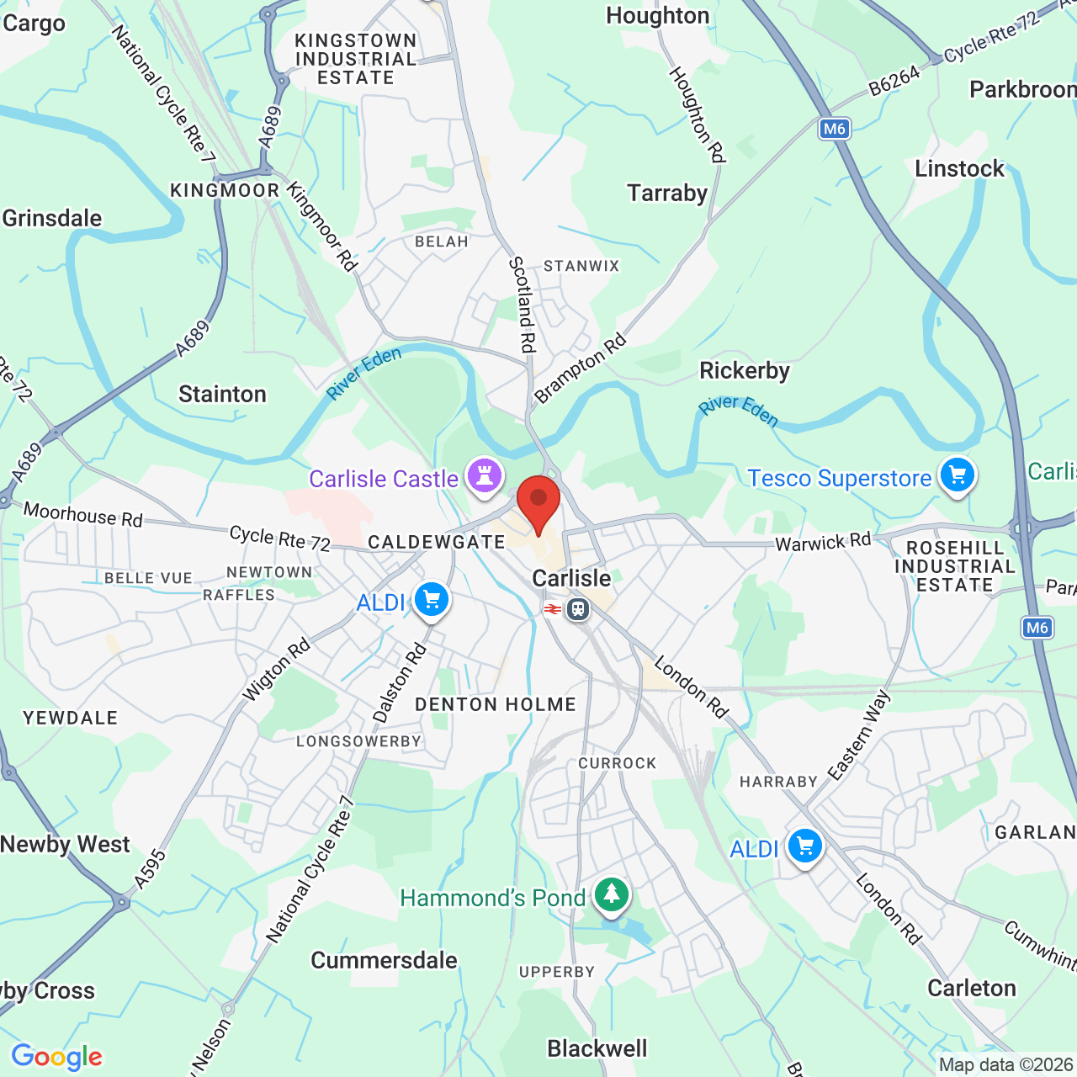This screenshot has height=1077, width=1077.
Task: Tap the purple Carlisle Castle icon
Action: tap(485, 475)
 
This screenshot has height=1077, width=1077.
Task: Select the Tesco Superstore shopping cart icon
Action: tap(957, 475)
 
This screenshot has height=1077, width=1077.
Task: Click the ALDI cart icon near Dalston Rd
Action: tap(432, 601)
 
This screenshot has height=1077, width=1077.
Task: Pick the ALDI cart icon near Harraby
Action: tap(804, 846)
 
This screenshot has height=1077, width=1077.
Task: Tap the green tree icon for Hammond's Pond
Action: tap(612, 895)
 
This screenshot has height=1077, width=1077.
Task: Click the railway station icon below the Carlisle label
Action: tap(577, 608)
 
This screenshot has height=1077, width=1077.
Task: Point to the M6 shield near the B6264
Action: tap(834, 129)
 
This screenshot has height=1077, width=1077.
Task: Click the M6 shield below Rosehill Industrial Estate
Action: tap(1037, 628)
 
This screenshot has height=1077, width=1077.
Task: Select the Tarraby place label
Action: tap(667, 194)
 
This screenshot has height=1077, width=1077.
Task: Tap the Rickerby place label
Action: tap(745, 371)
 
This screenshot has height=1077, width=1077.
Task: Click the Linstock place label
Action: tap(959, 169)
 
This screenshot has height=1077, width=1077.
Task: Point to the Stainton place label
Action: tap(222, 394)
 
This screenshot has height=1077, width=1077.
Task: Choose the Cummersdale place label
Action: tap(384, 960)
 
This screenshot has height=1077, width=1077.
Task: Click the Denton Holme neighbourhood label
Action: tap(496, 704)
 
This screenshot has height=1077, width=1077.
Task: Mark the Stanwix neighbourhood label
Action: tap(581, 266)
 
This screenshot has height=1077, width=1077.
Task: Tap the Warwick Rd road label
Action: tap(823, 542)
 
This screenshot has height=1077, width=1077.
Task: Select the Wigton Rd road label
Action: tap(276, 670)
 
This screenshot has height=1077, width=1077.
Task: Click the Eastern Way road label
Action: tap(858, 735)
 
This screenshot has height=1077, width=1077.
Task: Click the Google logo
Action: tap(56, 1057)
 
